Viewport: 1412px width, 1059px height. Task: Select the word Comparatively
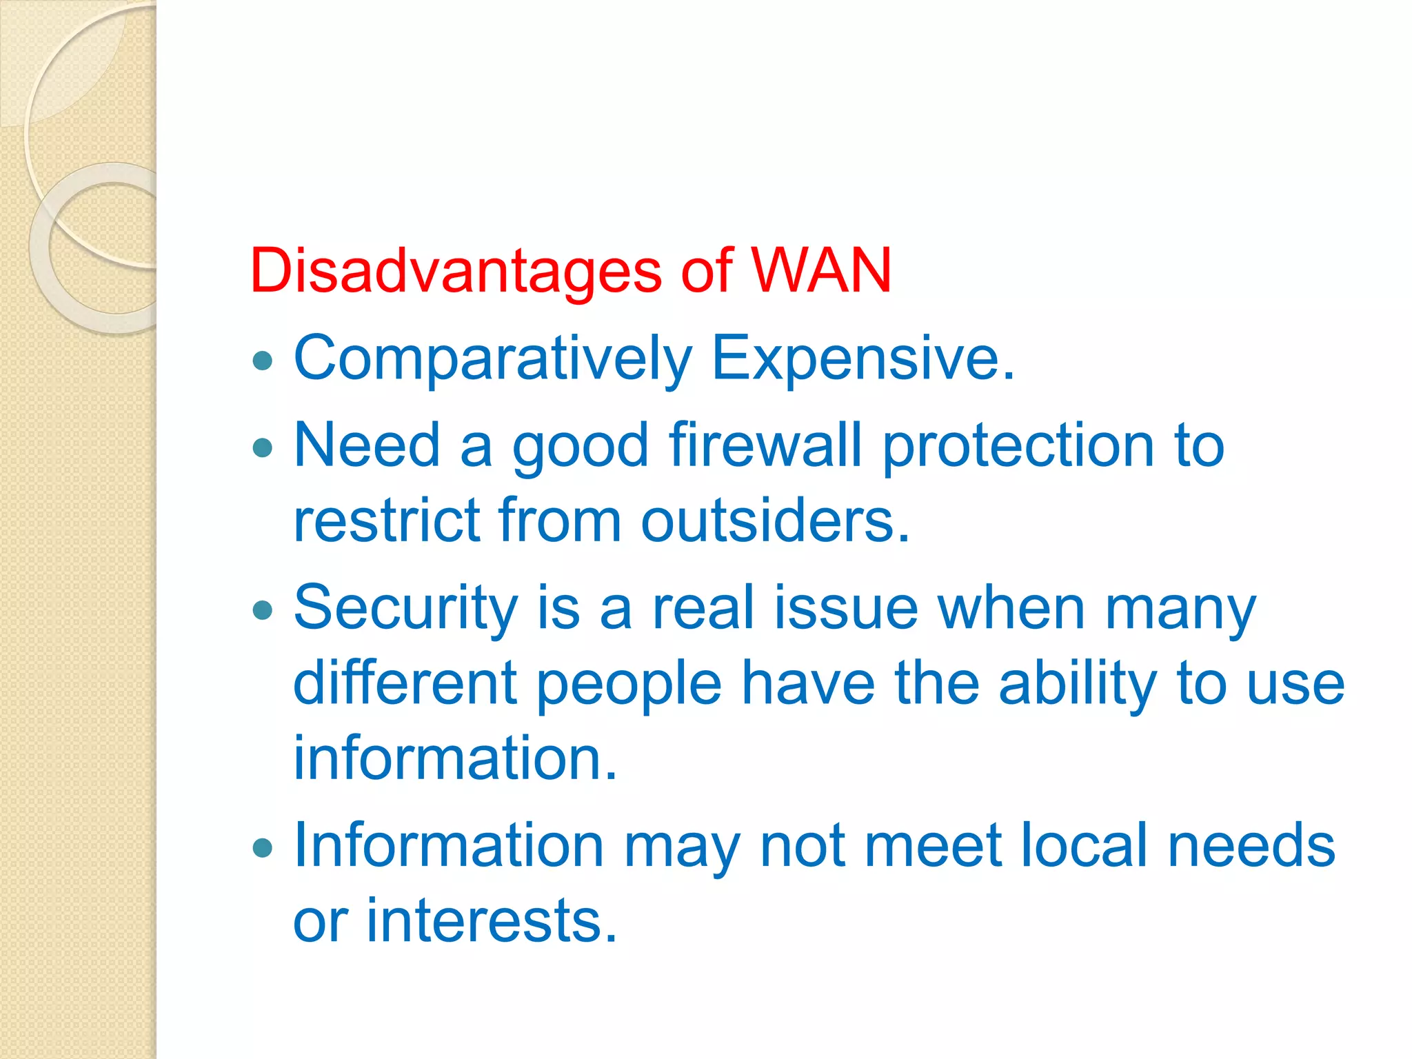(x=492, y=359)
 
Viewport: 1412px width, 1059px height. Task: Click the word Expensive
(x=863, y=359)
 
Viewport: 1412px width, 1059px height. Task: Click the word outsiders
(x=776, y=521)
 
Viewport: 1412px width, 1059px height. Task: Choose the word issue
(x=846, y=608)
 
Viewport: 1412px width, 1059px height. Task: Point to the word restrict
(x=387, y=521)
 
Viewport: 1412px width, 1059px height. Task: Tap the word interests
(x=492, y=921)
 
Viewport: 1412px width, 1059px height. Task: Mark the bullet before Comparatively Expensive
(x=263, y=360)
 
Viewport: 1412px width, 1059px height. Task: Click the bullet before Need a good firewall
(x=263, y=448)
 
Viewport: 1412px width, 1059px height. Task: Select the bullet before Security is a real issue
(x=263, y=609)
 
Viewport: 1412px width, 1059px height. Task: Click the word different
(x=405, y=683)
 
